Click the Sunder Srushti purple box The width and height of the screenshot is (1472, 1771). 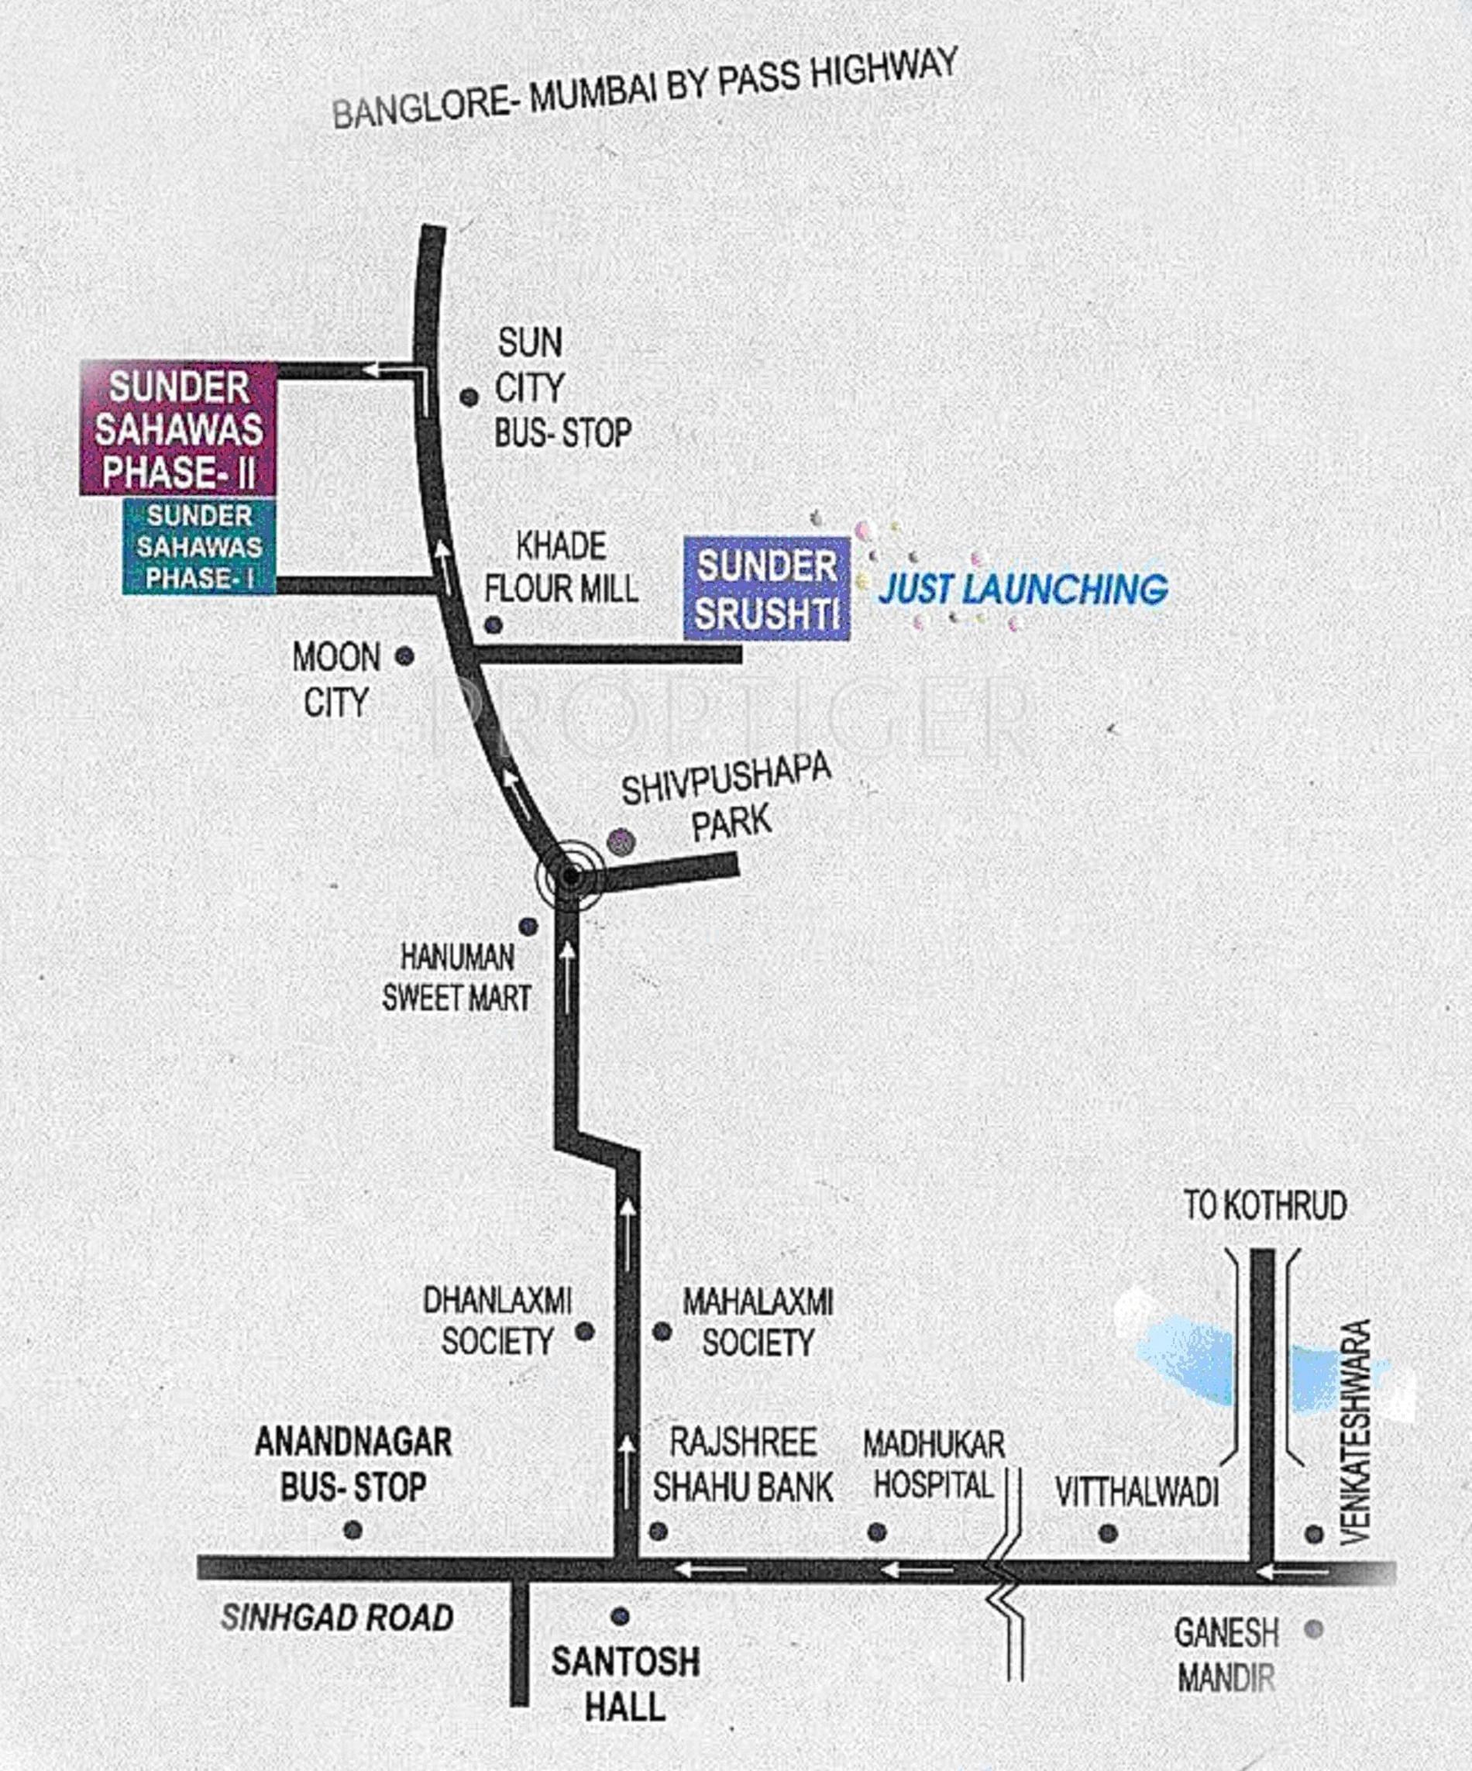[766, 588]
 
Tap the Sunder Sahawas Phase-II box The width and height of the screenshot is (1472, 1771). [179, 428]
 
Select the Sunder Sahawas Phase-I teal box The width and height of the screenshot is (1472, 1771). [199, 546]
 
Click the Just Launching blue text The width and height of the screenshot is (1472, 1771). [1023, 589]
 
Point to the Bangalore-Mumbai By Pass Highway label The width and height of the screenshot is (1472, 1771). [645, 88]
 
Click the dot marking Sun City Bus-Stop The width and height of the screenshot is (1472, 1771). [469, 397]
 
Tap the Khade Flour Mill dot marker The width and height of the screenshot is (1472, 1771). [494, 625]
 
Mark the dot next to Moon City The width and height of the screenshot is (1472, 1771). [405, 655]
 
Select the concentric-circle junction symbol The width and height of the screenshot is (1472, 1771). [571, 877]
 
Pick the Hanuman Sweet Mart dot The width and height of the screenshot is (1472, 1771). [528, 927]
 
